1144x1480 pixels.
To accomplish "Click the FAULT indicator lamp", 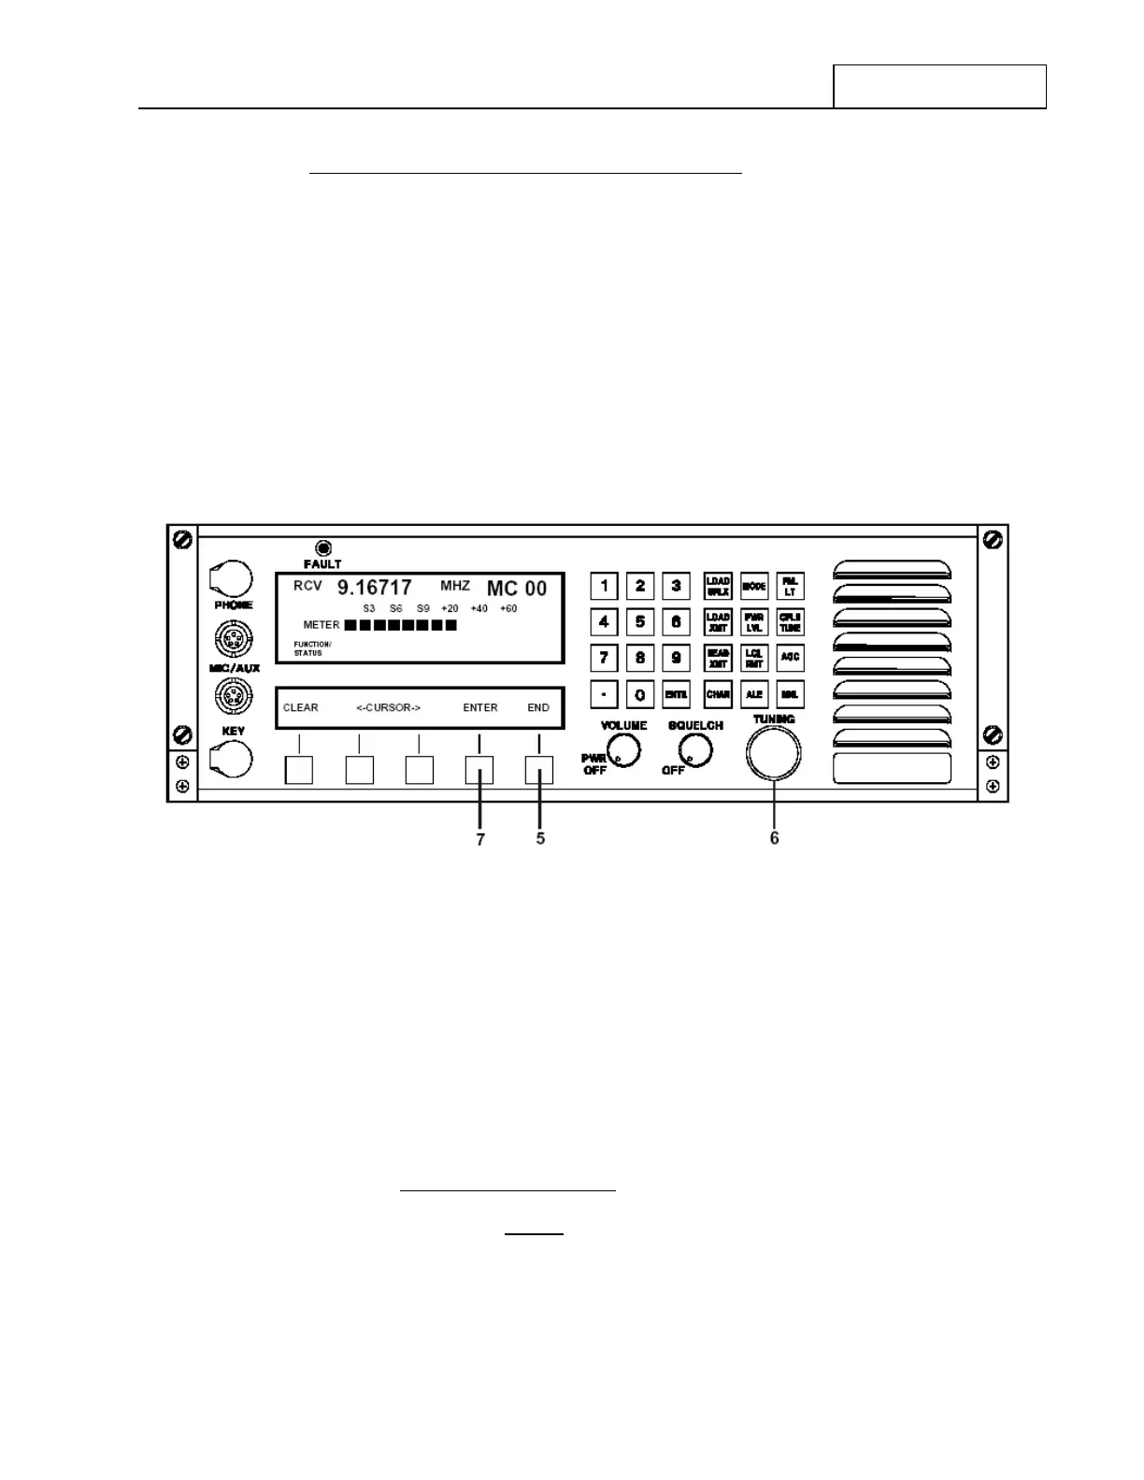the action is [x=323, y=548].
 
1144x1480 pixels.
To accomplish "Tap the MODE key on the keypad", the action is [x=753, y=587].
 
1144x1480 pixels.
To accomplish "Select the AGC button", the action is [x=790, y=658].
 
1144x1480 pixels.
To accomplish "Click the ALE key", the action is [x=753, y=694].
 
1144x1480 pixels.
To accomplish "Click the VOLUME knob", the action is [x=623, y=749].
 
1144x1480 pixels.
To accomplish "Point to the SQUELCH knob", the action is [x=694, y=748].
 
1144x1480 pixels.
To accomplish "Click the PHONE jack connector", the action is [x=230, y=579].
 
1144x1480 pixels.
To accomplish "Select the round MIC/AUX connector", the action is [x=231, y=641].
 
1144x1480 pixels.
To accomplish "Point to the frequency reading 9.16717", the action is [x=374, y=588].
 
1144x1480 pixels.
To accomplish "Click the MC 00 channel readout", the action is [x=517, y=589].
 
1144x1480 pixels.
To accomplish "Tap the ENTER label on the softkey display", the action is [x=480, y=707].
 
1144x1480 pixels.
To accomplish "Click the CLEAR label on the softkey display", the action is [x=301, y=707].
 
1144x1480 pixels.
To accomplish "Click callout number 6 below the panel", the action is [x=774, y=839].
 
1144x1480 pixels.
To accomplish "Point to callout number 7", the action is [x=480, y=840].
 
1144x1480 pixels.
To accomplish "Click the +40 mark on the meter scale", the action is [x=479, y=609].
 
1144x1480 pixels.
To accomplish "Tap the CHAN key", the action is [x=718, y=694].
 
